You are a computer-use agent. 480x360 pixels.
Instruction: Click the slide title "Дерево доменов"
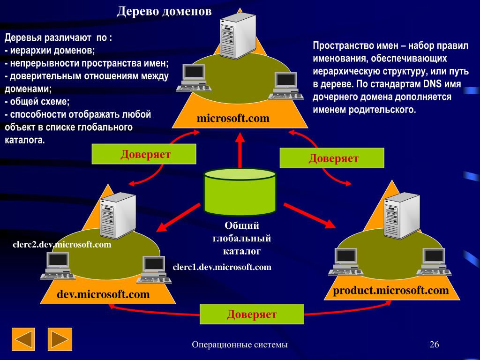point(164,11)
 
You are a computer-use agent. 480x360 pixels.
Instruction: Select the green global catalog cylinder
point(240,192)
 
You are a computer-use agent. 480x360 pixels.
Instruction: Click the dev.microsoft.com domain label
point(103,294)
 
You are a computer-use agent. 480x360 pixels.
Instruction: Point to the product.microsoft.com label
point(391,290)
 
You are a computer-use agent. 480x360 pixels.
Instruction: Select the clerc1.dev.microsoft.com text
point(222,267)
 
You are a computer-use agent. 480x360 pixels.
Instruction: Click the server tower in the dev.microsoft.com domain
point(117,216)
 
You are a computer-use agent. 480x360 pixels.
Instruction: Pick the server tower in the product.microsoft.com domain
point(401,216)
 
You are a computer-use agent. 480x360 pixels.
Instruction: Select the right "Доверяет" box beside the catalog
point(332,158)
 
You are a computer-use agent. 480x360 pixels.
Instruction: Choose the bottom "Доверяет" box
point(252,314)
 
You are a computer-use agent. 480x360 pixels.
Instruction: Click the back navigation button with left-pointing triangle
point(23,339)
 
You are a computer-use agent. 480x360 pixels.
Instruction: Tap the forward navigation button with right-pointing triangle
point(60,339)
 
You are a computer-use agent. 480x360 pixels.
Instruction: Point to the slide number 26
point(434,345)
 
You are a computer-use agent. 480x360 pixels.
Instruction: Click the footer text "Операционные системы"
point(240,345)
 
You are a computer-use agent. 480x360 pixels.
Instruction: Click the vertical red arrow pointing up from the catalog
point(240,150)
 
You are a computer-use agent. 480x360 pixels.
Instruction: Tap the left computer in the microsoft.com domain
point(193,77)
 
